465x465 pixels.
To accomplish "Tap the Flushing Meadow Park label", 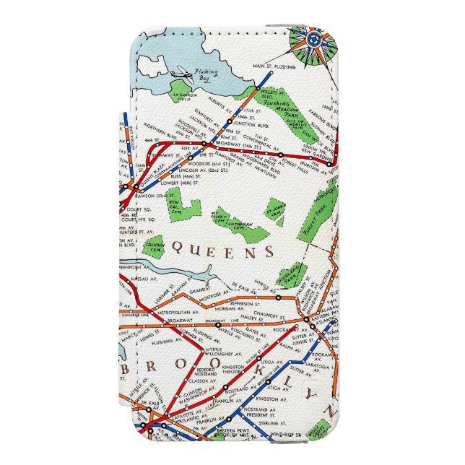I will point(278,109).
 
